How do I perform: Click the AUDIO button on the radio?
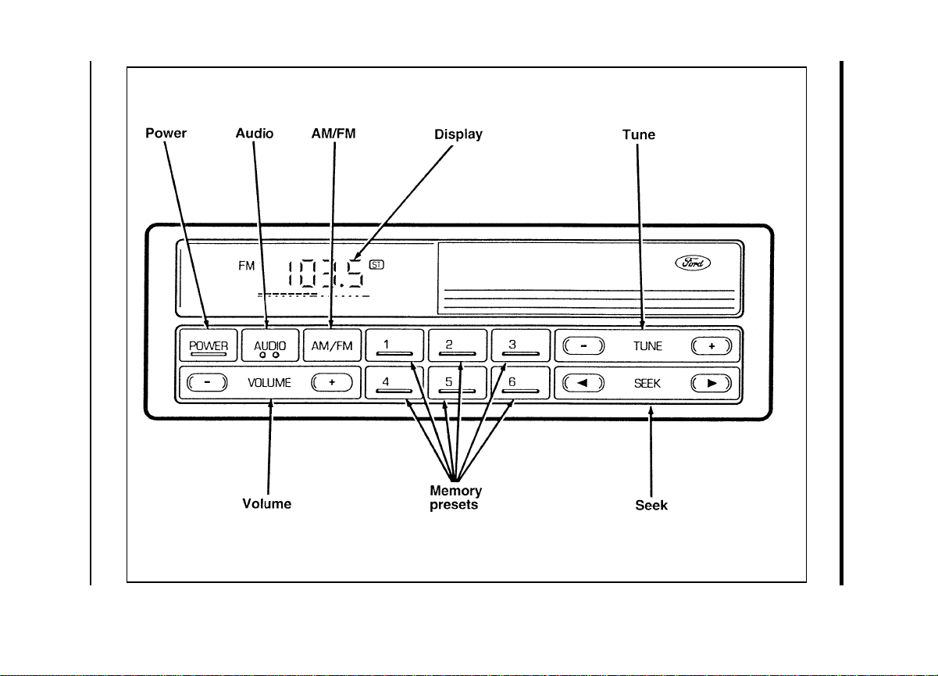(270, 345)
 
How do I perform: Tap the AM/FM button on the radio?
(332, 345)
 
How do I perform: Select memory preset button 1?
(394, 345)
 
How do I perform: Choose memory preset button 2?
(457, 345)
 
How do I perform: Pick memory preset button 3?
(520, 345)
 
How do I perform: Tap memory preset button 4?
(394, 383)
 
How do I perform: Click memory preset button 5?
(457, 383)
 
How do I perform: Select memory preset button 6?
(520, 383)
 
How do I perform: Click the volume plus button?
(332, 382)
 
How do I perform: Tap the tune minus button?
(583, 346)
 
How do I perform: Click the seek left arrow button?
(583, 383)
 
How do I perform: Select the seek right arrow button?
(712, 383)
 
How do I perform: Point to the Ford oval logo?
(693, 263)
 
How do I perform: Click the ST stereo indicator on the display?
(376, 265)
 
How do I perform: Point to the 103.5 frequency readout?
(326, 274)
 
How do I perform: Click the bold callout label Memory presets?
(455, 498)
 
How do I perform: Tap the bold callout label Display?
(458, 134)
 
